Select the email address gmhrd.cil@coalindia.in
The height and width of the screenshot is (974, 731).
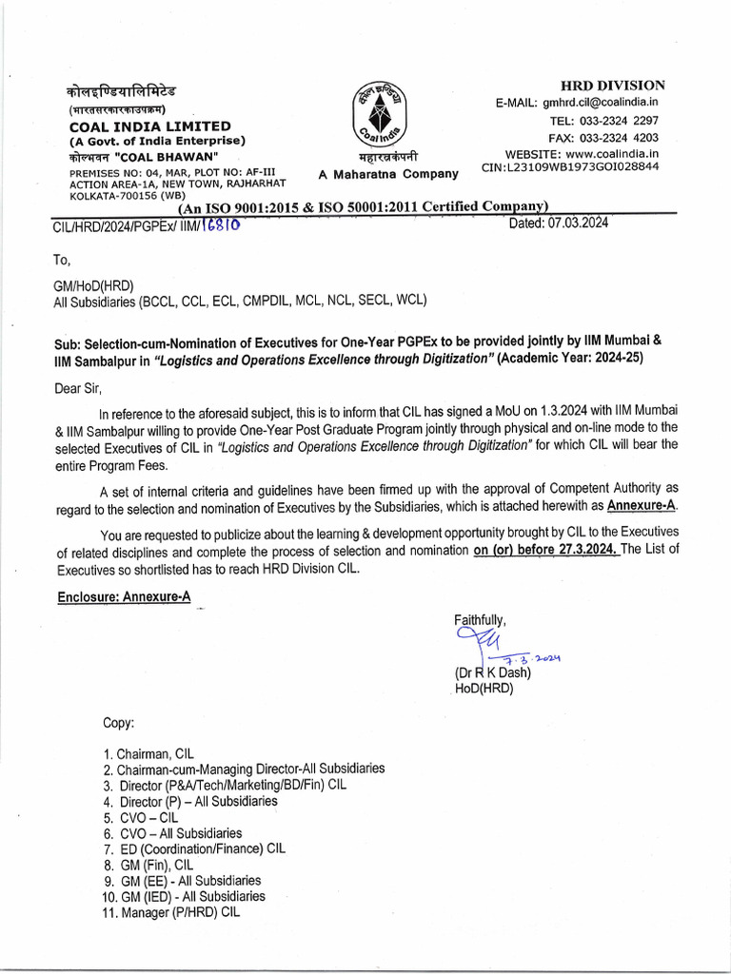tap(602, 103)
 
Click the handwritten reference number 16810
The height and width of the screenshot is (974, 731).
tap(221, 223)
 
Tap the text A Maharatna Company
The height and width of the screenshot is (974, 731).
tap(387, 174)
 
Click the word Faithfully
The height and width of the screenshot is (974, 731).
tap(480, 620)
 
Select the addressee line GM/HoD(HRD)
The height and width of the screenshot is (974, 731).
tap(93, 284)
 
